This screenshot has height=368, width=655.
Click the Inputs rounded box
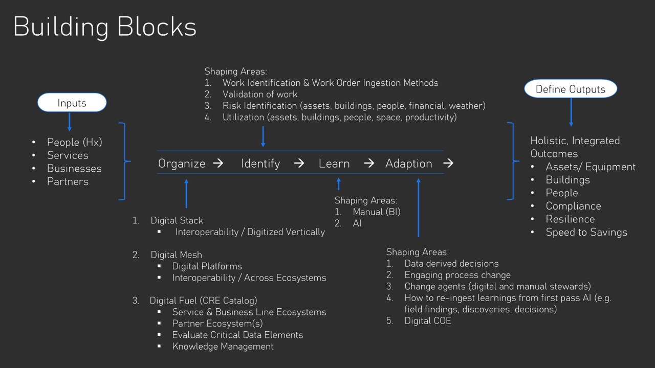point(72,103)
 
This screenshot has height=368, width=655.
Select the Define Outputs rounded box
point(571,89)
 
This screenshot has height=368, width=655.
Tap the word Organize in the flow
point(182,164)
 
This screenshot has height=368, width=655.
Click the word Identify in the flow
point(260,164)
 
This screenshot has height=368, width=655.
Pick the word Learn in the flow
point(334,164)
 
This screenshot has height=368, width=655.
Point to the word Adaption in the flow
point(408,164)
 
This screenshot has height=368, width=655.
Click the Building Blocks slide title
point(105,27)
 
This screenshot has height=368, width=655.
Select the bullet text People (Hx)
point(74,142)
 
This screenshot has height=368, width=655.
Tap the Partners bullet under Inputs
point(68,181)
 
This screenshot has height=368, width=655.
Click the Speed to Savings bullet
point(586,232)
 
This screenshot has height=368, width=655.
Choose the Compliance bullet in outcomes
point(573,206)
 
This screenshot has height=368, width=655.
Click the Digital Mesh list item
point(176,255)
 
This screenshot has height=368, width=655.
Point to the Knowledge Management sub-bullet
point(223,347)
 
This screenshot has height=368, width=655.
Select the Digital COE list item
point(428,321)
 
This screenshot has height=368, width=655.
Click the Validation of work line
point(259,94)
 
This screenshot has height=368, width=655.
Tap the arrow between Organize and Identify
point(218,164)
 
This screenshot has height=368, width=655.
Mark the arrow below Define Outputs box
point(571,112)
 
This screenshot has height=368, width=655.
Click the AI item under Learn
point(357,223)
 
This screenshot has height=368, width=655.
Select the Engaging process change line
point(457,275)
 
